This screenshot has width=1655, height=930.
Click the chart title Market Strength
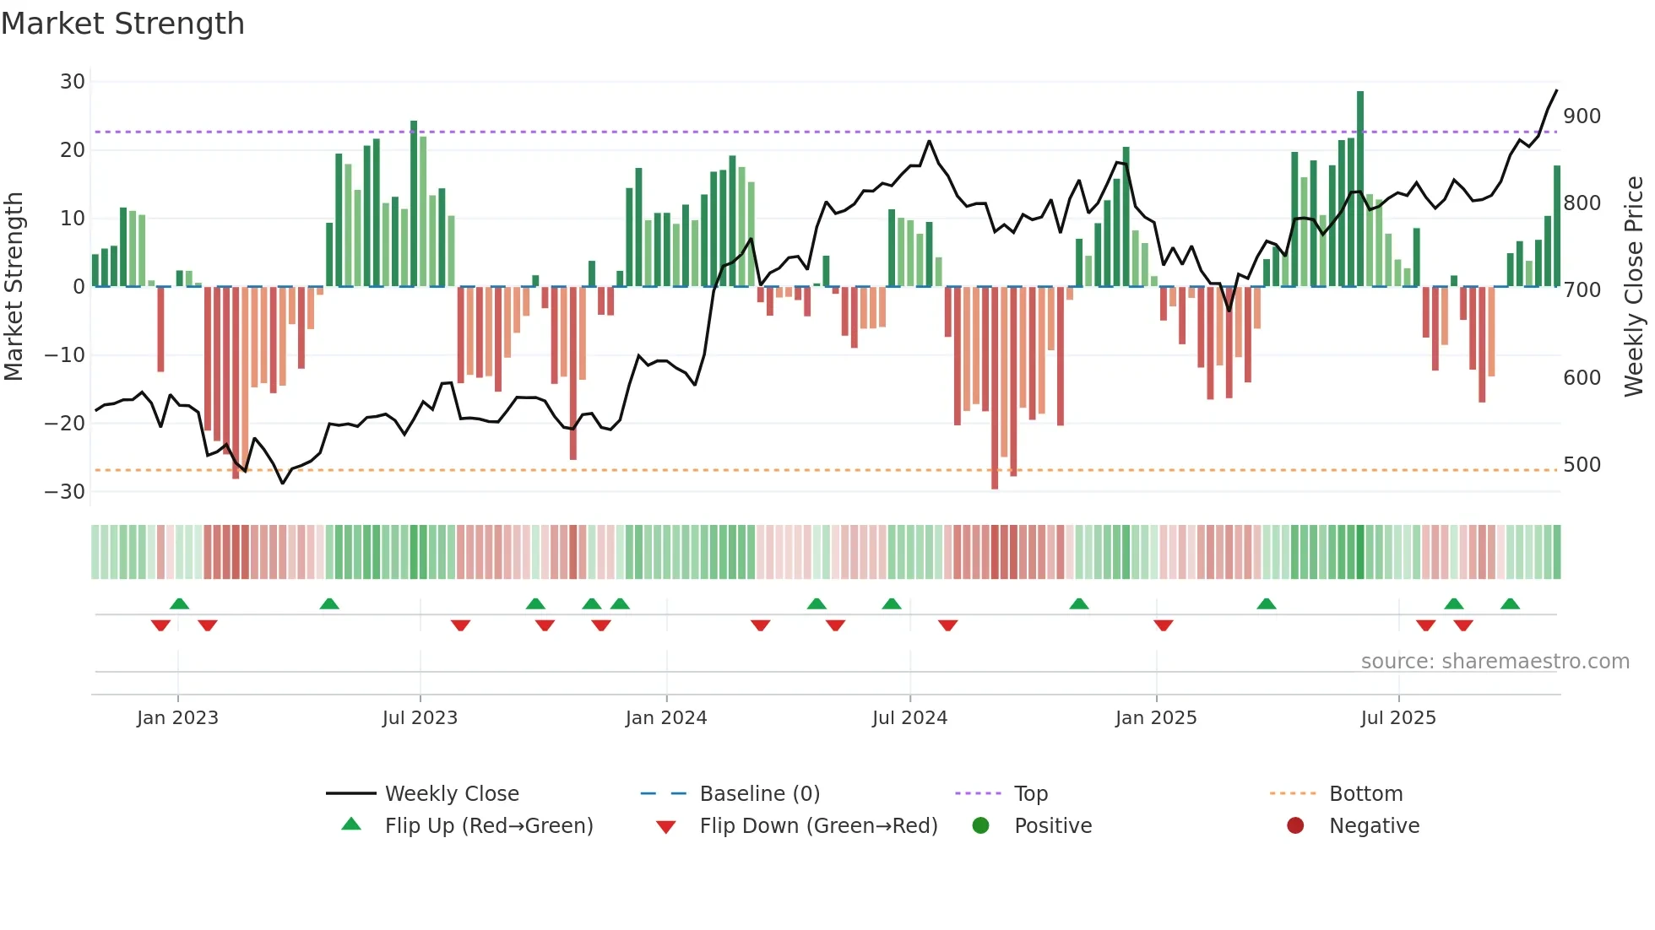pyautogui.click(x=122, y=24)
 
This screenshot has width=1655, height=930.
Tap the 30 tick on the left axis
pyautogui.click(x=73, y=82)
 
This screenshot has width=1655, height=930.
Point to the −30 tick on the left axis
pyautogui.click(x=66, y=491)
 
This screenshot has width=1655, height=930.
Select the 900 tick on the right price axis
pyautogui.click(x=1582, y=116)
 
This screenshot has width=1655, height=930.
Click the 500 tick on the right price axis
pyautogui.click(x=1582, y=465)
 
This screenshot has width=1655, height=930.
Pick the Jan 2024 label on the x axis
pyautogui.click(x=665, y=718)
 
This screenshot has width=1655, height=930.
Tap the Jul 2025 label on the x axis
pyautogui.click(x=1397, y=718)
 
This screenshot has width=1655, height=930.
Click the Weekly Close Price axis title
pyautogui.click(x=1634, y=287)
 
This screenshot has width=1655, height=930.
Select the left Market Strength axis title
pyautogui.click(x=14, y=287)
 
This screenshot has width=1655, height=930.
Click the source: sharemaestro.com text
pyautogui.click(x=1495, y=662)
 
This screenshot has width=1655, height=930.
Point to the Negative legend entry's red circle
pyautogui.click(x=1295, y=826)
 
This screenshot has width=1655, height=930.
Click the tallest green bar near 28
pyautogui.click(x=1360, y=186)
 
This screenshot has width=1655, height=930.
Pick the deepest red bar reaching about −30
pyautogui.click(x=995, y=388)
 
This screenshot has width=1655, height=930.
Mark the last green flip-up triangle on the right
pyautogui.click(x=1510, y=603)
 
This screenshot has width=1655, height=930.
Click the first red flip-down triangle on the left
pyautogui.click(x=160, y=625)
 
